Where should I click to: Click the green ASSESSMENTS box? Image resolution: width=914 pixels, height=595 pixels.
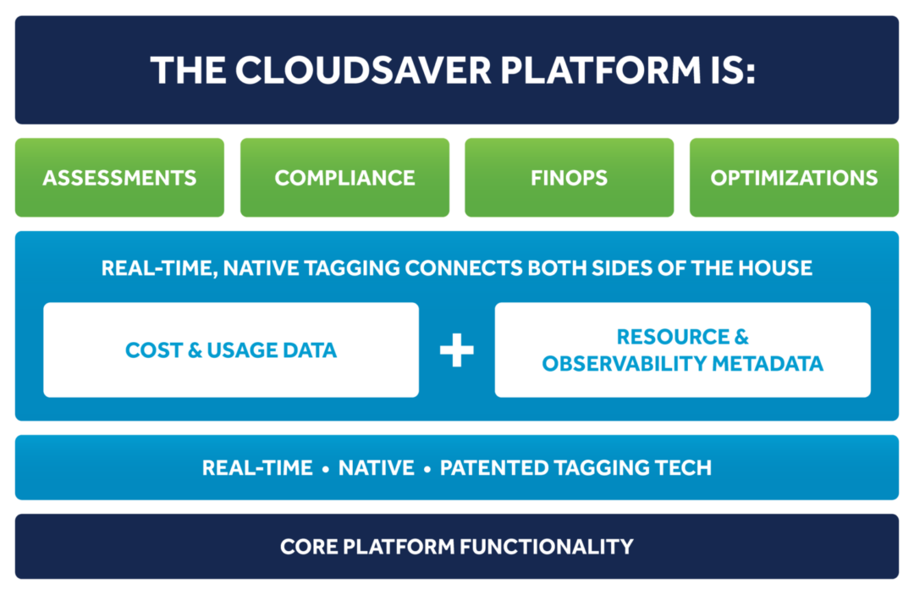click(x=119, y=178)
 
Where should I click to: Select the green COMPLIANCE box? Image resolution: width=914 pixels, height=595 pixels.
click(x=344, y=178)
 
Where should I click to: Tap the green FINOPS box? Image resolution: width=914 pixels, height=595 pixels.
click(x=569, y=178)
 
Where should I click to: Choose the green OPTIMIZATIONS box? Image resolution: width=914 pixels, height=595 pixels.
click(x=794, y=178)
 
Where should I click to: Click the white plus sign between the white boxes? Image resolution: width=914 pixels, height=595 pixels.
click(x=457, y=350)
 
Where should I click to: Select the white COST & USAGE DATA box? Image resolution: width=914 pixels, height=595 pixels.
click(x=231, y=350)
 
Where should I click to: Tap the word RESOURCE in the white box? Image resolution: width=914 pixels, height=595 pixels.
click(x=672, y=337)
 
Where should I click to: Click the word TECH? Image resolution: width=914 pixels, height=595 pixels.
click(x=682, y=467)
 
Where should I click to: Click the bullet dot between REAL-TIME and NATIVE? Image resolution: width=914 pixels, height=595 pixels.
click(x=326, y=469)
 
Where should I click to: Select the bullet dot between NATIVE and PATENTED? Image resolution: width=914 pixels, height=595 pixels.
click(x=427, y=469)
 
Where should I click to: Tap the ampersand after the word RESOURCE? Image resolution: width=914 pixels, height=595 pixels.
click(x=741, y=337)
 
